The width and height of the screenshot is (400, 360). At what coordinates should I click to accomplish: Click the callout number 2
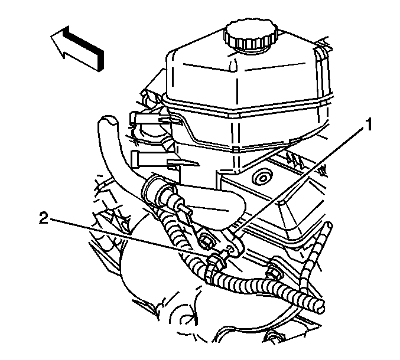click(x=44, y=218)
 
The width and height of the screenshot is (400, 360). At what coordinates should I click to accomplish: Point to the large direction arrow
click(x=77, y=48)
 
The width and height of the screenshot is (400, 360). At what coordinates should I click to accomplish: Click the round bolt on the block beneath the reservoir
click(x=262, y=178)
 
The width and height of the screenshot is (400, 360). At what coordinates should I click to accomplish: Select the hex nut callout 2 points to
click(x=217, y=263)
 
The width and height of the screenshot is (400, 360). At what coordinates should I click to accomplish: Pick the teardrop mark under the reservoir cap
click(x=232, y=65)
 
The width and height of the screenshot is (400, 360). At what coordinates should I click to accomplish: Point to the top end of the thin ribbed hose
click(x=329, y=225)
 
